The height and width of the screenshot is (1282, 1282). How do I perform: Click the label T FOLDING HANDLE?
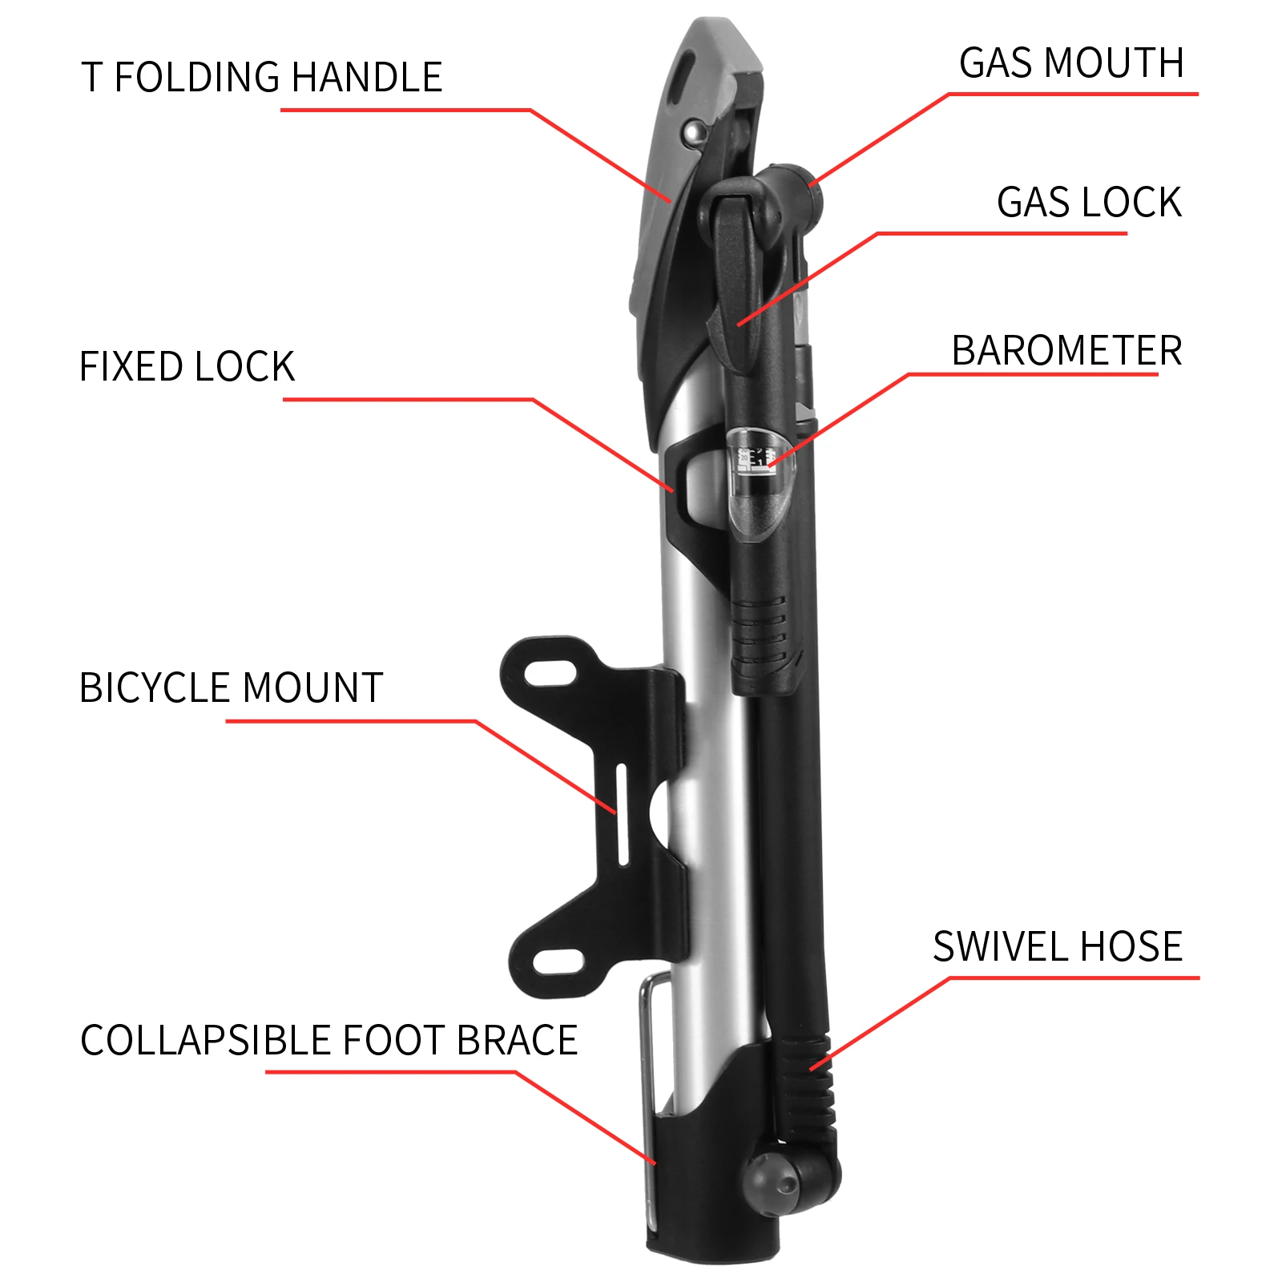pyautogui.click(x=261, y=78)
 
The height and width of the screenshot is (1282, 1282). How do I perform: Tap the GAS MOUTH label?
pyautogui.click(x=1070, y=63)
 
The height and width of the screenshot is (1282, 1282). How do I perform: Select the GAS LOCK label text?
pyautogui.click(x=1088, y=203)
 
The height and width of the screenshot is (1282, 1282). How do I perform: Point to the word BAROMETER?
pyautogui.click(x=1066, y=351)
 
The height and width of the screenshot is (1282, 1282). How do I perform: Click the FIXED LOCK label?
pyautogui.click(x=187, y=367)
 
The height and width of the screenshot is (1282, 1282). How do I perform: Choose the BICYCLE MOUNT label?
pyautogui.click(x=231, y=688)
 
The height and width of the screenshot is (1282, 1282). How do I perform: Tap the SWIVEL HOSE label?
pyautogui.click(x=1057, y=947)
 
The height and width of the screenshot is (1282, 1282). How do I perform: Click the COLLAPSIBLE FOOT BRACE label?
pyautogui.click(x=329, y=1041)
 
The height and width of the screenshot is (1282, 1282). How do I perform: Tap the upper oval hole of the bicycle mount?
pyautogui.click(x=553, y=671)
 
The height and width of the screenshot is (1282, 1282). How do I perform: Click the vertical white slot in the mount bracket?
pyautogui.click(x=621, y=813)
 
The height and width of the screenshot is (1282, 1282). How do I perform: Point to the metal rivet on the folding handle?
pyautogui.click(x=695, y=133)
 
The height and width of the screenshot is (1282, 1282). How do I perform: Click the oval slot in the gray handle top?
pyautogui.click(x=683, y=76)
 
